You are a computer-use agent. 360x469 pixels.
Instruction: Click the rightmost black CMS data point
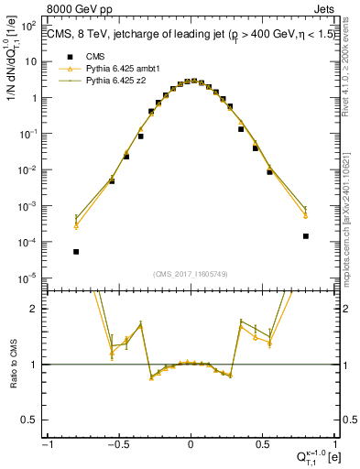pos(305,236)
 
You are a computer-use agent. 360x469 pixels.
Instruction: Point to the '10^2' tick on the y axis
pos(30,26)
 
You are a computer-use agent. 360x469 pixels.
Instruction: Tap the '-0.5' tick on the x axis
pos(118,444)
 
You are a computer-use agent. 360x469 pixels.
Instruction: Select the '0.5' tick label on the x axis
pos(261,444)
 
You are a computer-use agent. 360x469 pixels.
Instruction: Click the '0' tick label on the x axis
pos(191,444)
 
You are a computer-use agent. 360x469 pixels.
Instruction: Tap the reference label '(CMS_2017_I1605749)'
pos(191,274)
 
